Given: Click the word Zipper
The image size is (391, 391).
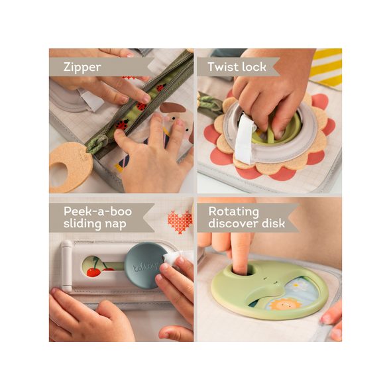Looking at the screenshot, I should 83,66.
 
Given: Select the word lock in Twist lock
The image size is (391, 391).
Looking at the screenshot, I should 254,66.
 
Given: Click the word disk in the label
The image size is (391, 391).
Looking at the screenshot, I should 270,225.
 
